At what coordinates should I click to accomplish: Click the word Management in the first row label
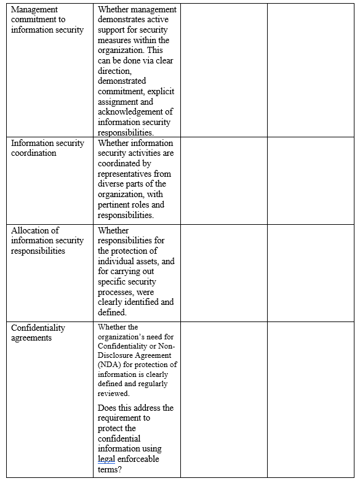click(x=34, y=10)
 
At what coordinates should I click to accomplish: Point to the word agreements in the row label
click(x=31, y=338)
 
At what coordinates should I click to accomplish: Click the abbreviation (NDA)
click(x=110, y=365)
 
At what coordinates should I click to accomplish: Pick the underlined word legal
click(x=106, y=459)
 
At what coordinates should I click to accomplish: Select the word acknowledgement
click(x=130, y=111)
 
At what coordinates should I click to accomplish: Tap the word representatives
click(x=126, y=174)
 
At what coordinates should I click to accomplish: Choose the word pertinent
click(x=116, y=204)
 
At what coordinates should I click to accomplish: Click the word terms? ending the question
click(x=111, y=469)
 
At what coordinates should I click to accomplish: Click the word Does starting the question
click(x=108, y=408)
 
